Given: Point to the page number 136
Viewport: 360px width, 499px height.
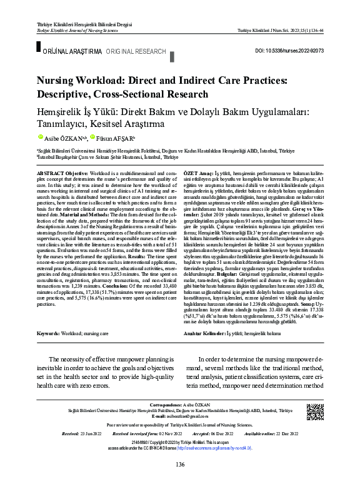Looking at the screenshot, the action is [180, 481].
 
